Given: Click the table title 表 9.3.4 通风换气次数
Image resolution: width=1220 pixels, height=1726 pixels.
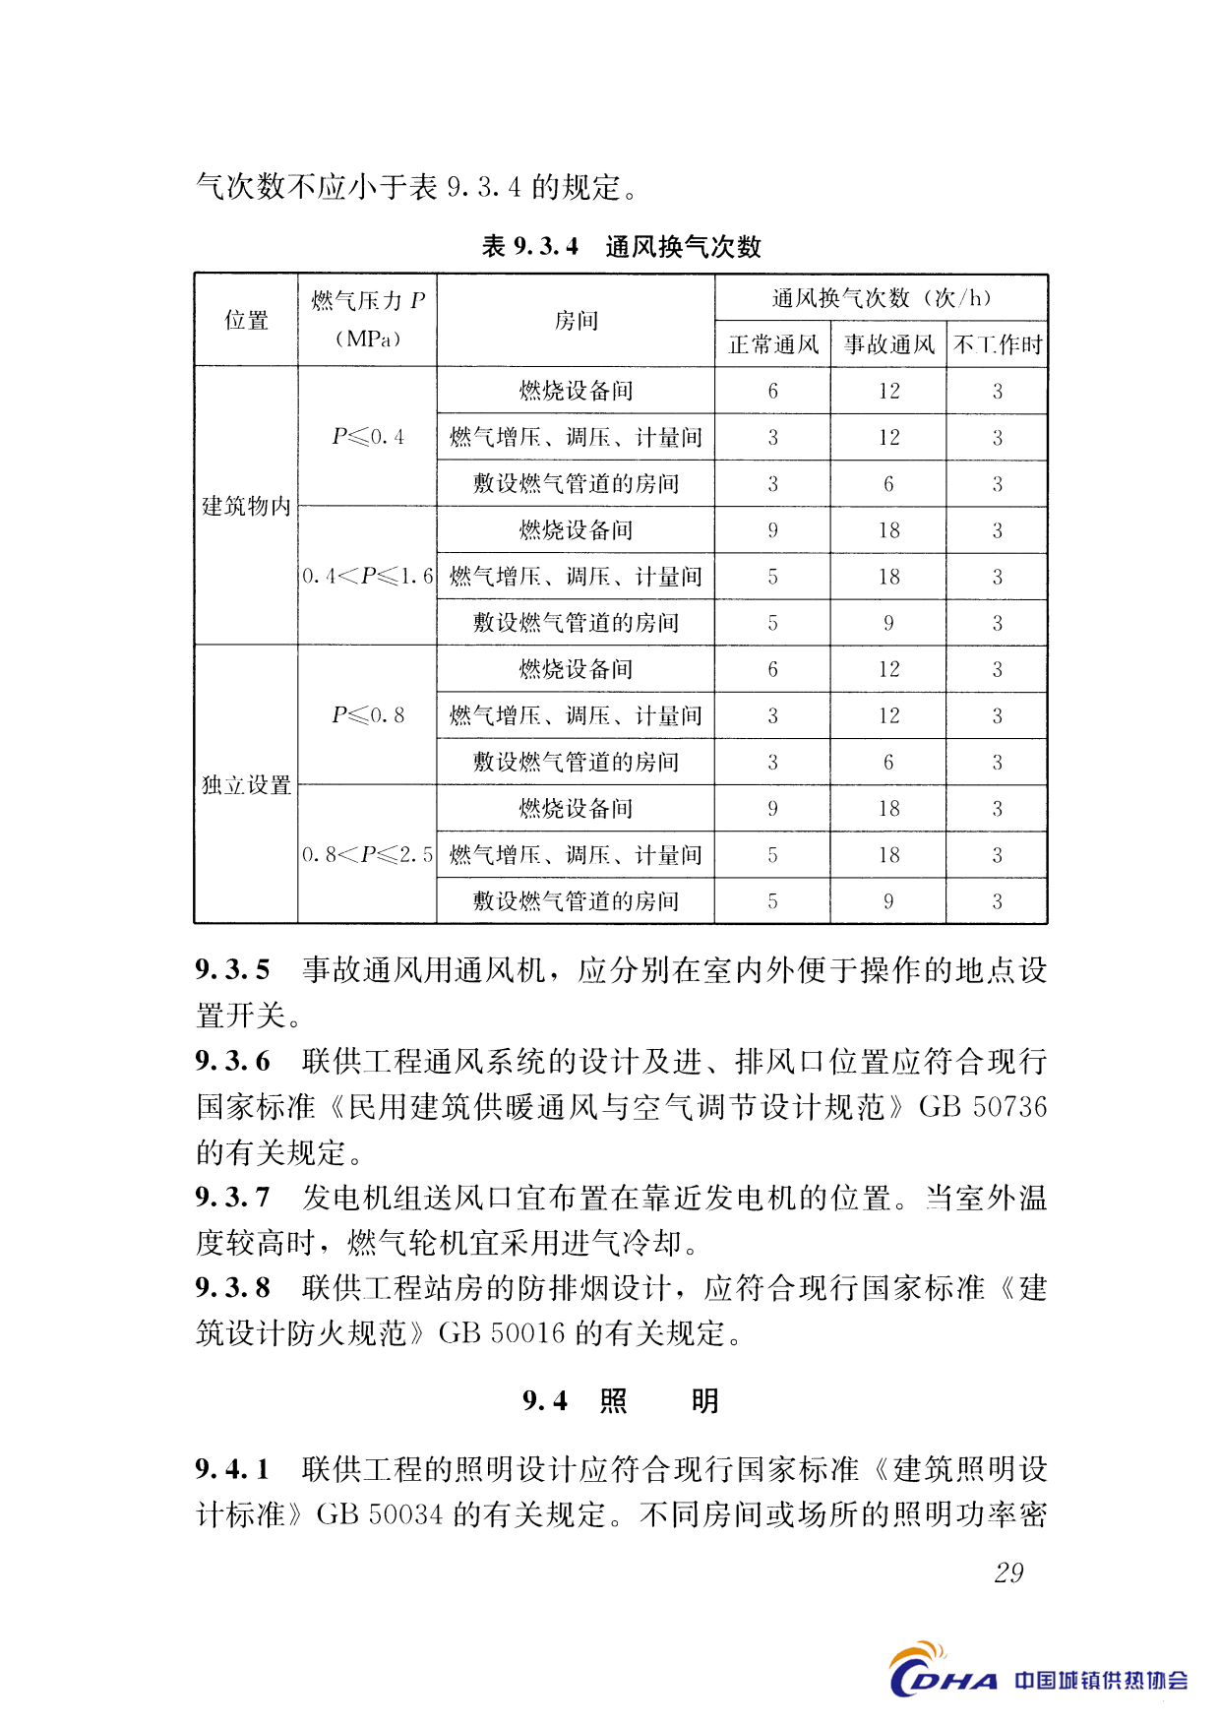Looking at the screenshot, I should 621,246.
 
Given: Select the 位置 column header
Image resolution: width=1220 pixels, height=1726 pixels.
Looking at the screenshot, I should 246,320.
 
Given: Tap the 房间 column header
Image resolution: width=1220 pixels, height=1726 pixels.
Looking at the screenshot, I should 576,320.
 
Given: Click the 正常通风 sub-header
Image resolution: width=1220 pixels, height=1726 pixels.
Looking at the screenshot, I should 772,344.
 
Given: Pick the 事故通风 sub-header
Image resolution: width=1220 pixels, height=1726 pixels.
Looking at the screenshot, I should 888,344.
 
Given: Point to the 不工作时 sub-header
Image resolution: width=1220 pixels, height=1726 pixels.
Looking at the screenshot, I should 997,344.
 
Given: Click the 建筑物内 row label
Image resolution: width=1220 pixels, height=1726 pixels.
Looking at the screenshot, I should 246,506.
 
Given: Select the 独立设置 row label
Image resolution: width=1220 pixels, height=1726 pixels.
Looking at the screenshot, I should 246,784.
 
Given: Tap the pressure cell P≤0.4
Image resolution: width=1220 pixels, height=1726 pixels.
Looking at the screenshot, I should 367,437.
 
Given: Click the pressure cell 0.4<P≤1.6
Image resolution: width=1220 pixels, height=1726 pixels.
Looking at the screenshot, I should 367,576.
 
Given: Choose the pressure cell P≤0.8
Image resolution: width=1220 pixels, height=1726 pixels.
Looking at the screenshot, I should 367,715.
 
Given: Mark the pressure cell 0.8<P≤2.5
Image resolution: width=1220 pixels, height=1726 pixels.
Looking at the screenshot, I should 367,854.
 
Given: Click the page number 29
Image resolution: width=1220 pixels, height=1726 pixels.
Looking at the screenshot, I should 1008,1572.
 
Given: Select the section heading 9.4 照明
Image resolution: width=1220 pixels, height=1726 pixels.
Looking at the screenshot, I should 621,1400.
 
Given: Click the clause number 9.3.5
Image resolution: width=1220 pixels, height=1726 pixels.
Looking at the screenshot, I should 232,970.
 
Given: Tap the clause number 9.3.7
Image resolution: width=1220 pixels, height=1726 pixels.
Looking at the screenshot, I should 232,1198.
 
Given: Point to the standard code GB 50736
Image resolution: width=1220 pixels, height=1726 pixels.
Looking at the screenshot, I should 982,1107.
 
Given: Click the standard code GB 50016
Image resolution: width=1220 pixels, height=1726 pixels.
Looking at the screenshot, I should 502,1333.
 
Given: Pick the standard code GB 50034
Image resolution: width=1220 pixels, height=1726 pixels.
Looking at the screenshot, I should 380,1514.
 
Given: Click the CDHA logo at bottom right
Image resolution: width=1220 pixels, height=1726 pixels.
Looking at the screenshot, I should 942,1672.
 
